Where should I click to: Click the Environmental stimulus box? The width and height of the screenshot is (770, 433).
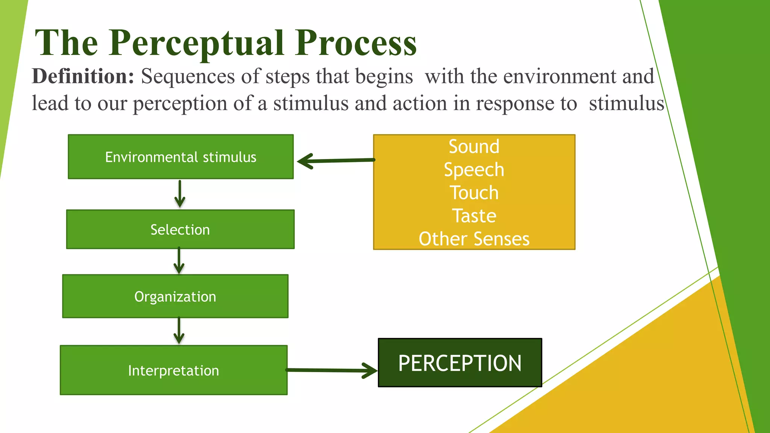click(180, 157)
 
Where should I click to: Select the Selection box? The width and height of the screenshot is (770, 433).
click(180, 229)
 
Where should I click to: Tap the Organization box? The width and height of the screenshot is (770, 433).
click(175, 296)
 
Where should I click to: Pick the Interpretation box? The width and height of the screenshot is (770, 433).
click(173, 370)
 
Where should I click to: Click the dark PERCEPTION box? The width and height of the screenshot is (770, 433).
click(459, 363)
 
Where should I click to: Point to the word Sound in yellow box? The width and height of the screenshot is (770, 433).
click(474, 146)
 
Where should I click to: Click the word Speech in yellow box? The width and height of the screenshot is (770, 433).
click(474, 170)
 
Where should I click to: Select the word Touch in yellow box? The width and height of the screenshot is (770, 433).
click(474, 192)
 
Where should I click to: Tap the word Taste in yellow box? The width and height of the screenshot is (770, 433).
click(474, 216)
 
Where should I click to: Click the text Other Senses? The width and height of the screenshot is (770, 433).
click(474, 239)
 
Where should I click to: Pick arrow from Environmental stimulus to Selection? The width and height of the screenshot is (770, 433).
click(180, 194)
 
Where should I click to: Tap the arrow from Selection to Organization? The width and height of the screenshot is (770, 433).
click(179, 261)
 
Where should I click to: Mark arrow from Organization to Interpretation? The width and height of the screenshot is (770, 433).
click(179, 331)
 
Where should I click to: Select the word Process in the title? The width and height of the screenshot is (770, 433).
click(356, 43)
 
